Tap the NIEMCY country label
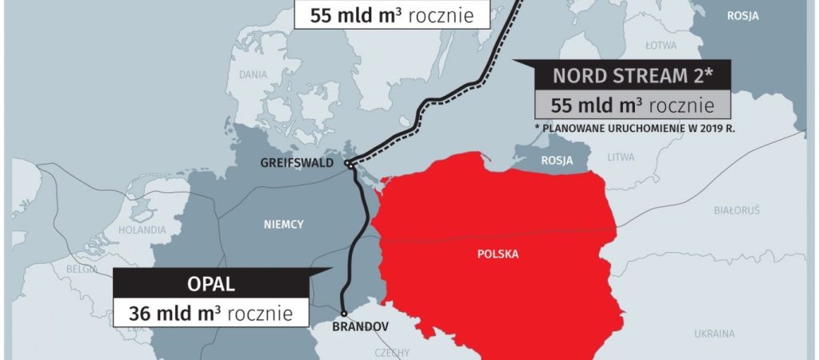pyautogui.click(x=284, y=225)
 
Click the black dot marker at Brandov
pyautogui.click(x=343, y=314)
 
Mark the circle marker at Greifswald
pyautogui.click(x=350, y=164)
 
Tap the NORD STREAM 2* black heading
pyautogui.click(x=632, y=77)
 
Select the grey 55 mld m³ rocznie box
pyautogui.click(x=632, y=105)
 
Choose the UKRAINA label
pyautogui.click(x=713, y=333)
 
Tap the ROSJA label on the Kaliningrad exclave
pyautogui.click(x=557, y=161)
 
